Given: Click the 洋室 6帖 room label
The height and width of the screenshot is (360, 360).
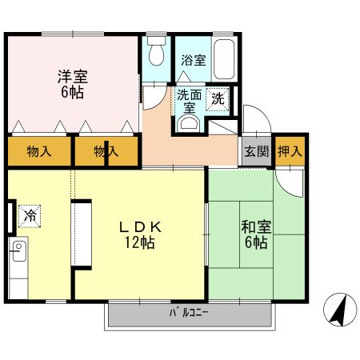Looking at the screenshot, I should [x=72, y=84].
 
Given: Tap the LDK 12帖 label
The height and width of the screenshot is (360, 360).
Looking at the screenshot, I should [x=140, y=234].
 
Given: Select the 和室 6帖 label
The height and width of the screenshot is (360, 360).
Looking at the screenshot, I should [x=257, y=234].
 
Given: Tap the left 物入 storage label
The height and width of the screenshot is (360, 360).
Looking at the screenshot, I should [x=38, y=151].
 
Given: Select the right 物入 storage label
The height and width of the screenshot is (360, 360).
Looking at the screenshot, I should [x=105, y=151].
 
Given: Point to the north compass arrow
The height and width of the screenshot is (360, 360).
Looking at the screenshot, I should [x=339, y=308].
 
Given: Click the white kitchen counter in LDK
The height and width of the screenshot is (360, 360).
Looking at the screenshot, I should [x=82, y=232].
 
